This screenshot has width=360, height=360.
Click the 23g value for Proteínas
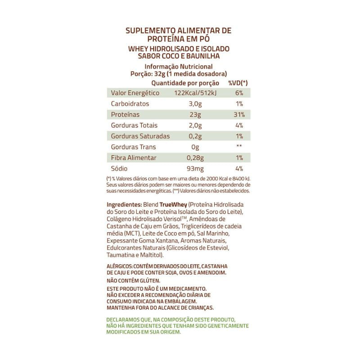click(x=195, y=115)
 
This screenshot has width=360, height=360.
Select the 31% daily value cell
click(x=239, y=115)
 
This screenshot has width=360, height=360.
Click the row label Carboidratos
click(x=130, y=104)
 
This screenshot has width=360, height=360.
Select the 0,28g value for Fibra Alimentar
click(x=195, y=158)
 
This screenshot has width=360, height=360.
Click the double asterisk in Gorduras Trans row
click(x=239, y=147)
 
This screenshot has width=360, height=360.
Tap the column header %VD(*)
click(x=238, y=83)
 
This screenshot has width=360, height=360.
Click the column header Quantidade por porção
click(x=185, y=83)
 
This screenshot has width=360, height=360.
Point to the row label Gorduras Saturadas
click(x=140, y=136)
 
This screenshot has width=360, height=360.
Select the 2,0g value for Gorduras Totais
click(x=195, y=126)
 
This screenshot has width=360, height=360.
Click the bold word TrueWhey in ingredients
click(x=173, y=204)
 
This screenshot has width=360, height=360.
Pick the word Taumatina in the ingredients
click(x=121, y=255)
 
